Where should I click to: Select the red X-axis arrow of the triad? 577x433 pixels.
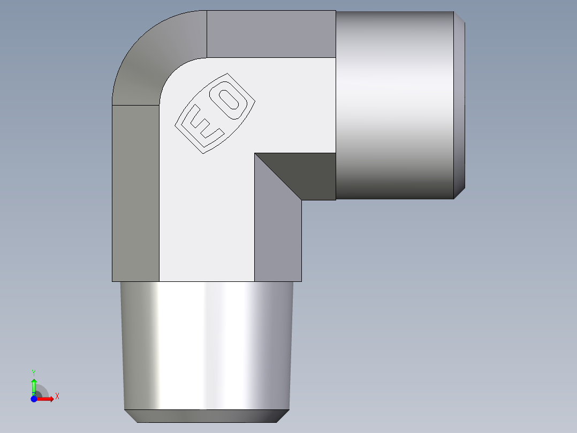point(47,399)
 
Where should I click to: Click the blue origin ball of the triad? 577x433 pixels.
point(34,399)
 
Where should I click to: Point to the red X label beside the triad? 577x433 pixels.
point(57,396)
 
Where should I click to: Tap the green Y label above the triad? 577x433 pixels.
point(34,372)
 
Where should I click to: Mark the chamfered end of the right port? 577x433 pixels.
point(459,104)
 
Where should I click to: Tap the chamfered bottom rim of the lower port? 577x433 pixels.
point(207,416)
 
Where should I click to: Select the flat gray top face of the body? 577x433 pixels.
point(271,34)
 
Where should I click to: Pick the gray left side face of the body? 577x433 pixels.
point(135,193)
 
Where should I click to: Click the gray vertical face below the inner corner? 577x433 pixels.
point(278,230)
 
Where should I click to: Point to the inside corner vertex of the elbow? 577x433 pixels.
point(255,153)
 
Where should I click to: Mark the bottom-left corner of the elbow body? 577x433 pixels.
point(112,281)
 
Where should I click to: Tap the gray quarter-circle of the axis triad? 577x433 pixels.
point(43,391)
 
